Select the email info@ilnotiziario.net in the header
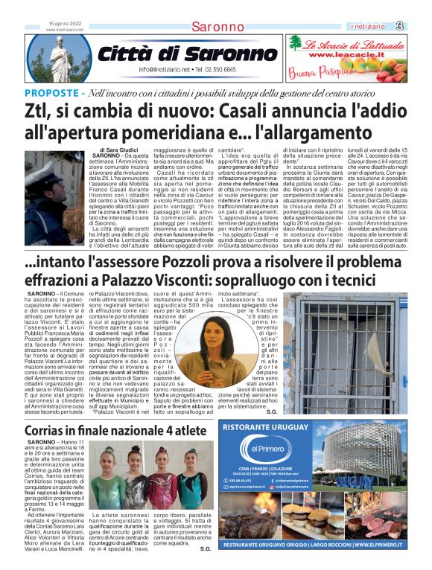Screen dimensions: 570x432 [x=165, y=69]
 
